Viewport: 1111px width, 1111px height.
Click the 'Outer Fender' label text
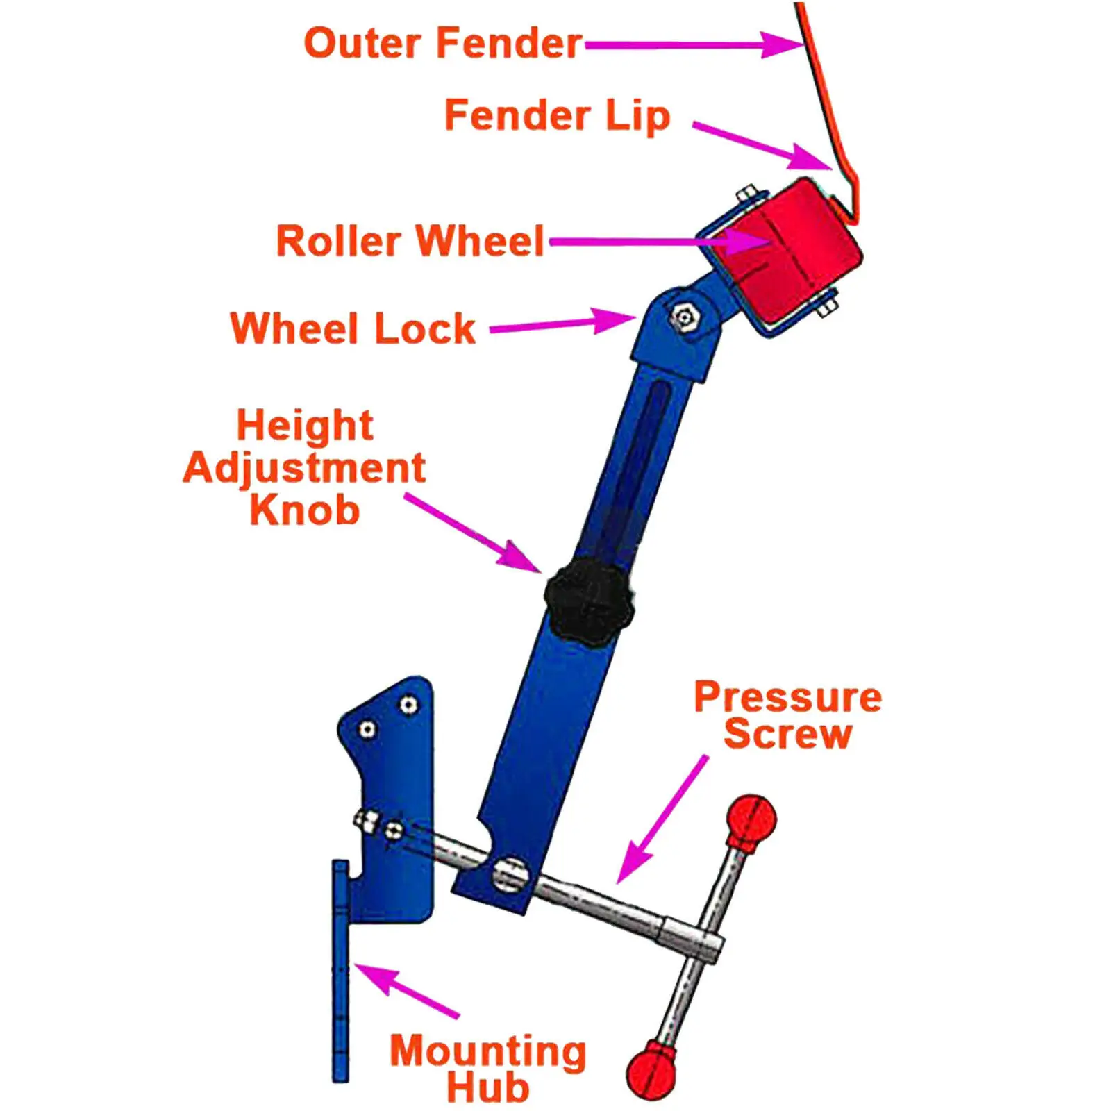click(443, 43)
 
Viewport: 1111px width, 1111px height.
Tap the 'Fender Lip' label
click(557, 115)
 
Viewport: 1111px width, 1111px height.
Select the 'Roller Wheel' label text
click(410, 241)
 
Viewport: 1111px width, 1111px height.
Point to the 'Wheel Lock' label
click(353, 328)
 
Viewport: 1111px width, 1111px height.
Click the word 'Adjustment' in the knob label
click(304, 468)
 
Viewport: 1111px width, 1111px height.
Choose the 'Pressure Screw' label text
click(787, 715)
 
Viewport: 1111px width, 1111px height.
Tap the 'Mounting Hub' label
click(487, 1068)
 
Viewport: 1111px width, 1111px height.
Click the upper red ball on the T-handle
click(751, 820)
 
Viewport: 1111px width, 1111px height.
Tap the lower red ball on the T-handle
click(651, 1070)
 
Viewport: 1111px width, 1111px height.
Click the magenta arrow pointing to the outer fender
click(694, 45)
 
